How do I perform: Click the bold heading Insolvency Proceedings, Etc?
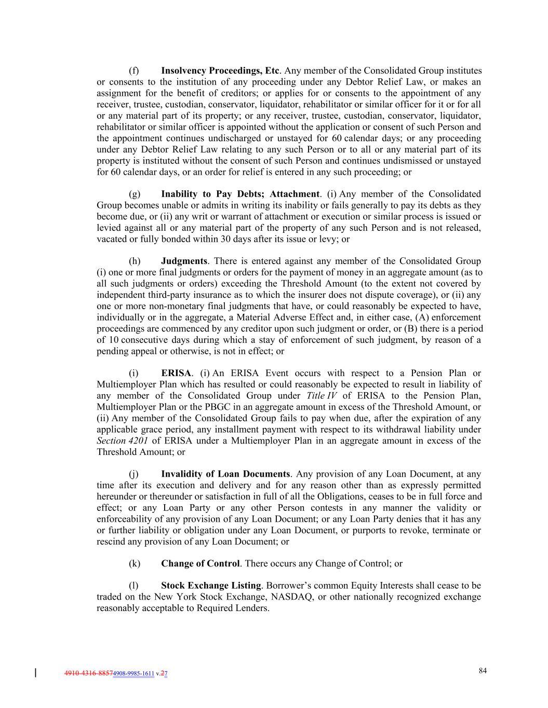coord(221,71)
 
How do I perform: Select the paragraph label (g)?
coord(135,194)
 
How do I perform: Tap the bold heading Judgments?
coord(184,261)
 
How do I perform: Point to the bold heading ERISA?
coord(176,373)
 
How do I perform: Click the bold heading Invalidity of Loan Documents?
coord(225,474)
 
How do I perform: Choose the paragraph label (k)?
coord(135,563)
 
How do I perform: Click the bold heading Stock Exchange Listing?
coord(211,586)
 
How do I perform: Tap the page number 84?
coord(483,671)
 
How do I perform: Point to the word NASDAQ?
coord(291,597)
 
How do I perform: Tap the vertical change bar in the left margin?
coord(35,673)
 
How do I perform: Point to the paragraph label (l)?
coord(134,586)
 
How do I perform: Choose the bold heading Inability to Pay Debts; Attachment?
coord(240,194)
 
